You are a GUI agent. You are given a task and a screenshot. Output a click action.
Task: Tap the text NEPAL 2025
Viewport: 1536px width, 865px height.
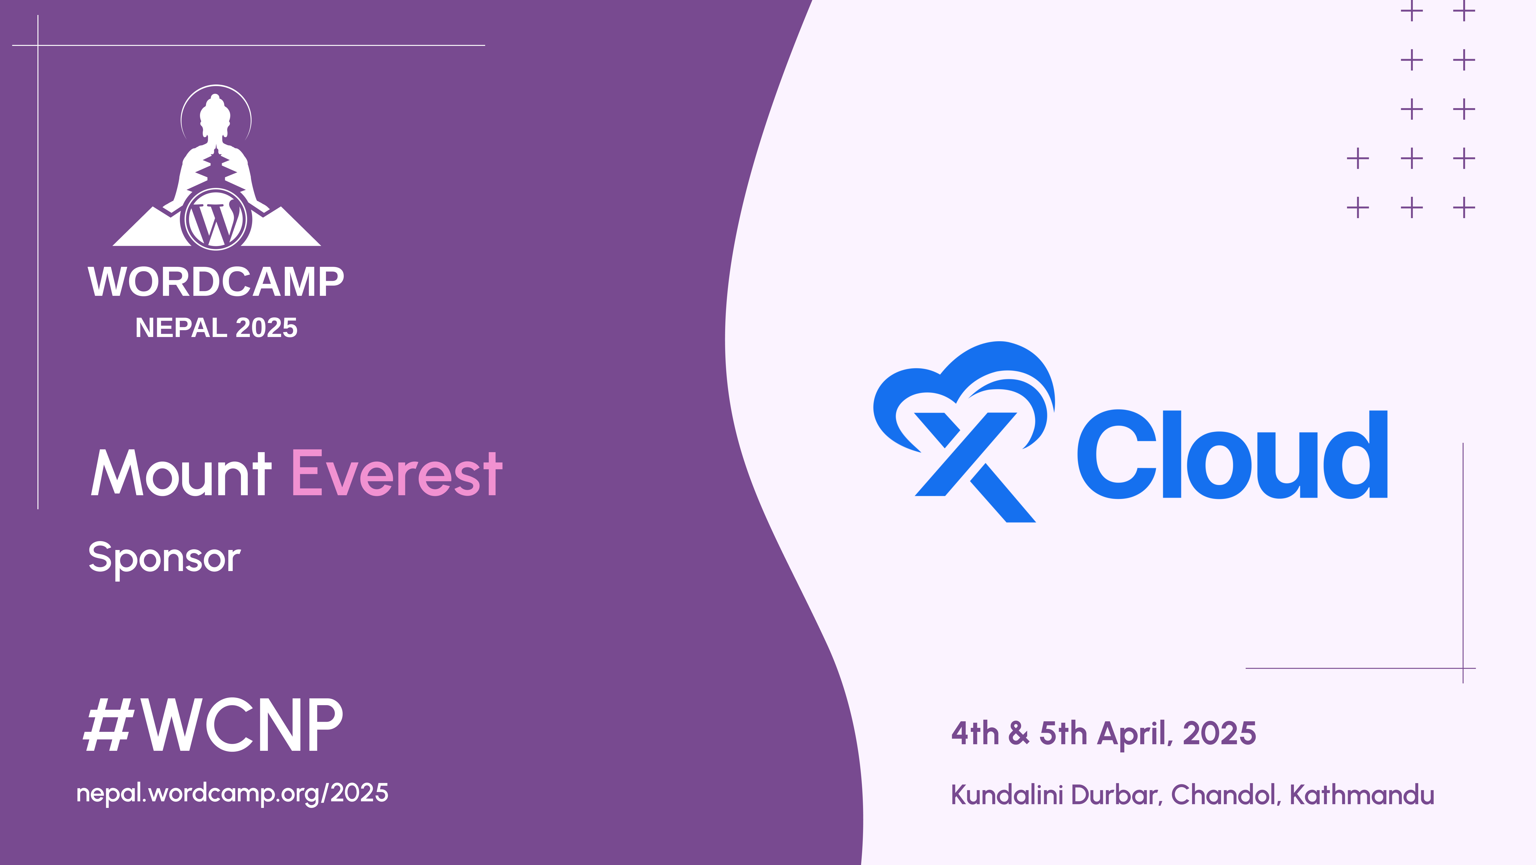tap(216, 327)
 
